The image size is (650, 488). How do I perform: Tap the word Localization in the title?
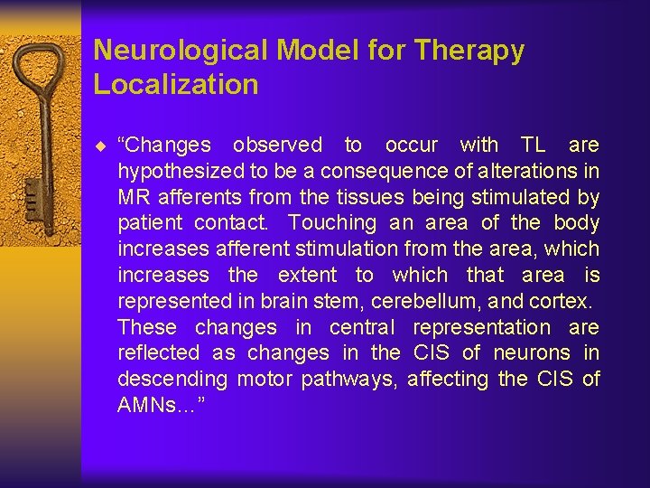[x=176, y=85]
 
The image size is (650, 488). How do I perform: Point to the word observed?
[x=277, y=145]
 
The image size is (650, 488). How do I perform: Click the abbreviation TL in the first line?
[x=533, y=145]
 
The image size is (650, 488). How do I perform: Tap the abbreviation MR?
[x=132, y=197]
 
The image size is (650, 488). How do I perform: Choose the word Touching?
[x=331, y=223]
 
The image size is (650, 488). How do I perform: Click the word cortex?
[x=562, y=301]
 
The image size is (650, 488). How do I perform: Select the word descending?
[x=172, y=380]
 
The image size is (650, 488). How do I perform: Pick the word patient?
[x=149, y=223]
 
